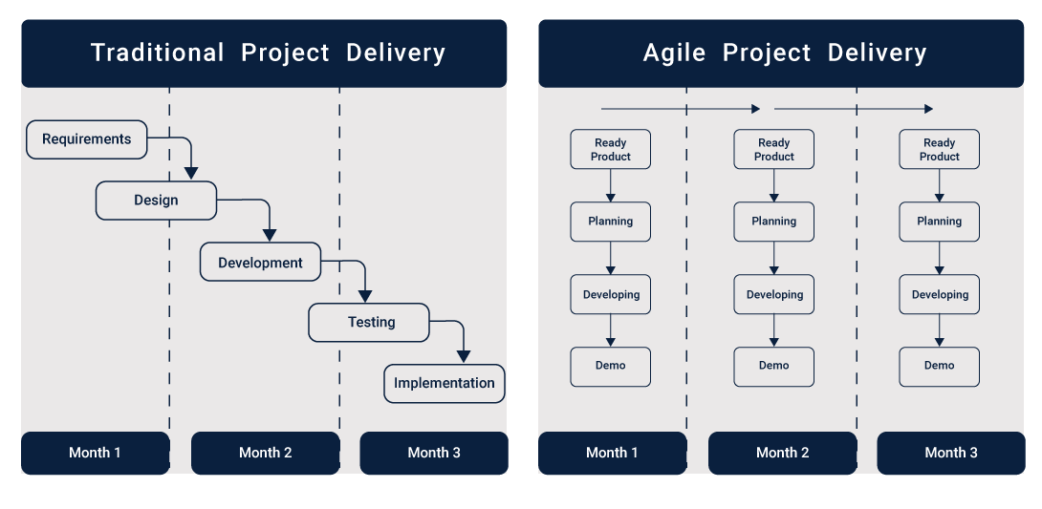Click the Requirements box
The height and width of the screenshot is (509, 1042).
(86, 139)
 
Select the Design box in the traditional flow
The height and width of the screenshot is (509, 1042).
(156, 201)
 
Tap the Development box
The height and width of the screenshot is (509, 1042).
(260, 262)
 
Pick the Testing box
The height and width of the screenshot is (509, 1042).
(369, 323)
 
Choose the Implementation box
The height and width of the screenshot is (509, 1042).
(445, 384)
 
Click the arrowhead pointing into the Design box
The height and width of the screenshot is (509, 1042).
(191, 173)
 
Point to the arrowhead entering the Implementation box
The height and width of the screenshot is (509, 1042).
(464, 356)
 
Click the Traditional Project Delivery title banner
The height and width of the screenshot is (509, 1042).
(264, 53)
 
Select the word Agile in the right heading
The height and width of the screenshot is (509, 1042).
(674, 53)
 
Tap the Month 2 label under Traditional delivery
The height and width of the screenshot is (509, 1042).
(265, 454)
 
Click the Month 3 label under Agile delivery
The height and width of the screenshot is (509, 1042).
(951, 454)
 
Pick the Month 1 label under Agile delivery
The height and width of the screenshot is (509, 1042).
(612, 454)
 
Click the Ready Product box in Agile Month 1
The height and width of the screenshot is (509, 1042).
(611, 149)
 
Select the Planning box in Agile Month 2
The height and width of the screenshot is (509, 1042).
(774, 222)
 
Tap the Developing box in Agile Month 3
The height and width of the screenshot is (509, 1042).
(940, 295)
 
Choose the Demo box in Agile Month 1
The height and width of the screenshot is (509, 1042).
(611, 367)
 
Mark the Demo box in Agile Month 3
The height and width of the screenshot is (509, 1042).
(940, 367)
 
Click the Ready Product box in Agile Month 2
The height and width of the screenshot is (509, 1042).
(774, 149)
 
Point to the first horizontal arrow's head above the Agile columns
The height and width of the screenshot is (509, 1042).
(755, 109)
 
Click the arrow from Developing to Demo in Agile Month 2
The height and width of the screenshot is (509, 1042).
(774, 330)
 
